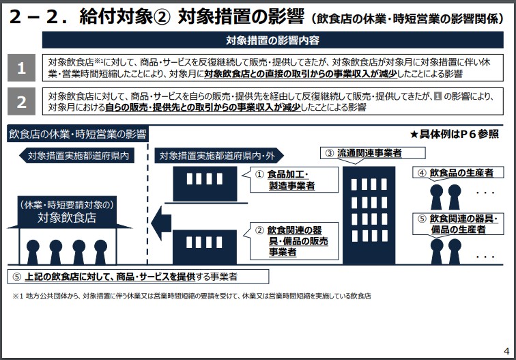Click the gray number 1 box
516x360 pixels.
coord(21,68)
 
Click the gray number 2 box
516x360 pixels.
coord(21,102)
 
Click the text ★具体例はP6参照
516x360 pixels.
coord(454,134)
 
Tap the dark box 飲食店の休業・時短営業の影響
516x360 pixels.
coord(78,133)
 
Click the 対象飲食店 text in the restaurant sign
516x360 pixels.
coord(67,218)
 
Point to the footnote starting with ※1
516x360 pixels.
coord(191,296)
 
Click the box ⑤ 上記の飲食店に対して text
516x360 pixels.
coord(137,276)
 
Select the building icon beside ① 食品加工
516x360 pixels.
coord(203,180)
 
